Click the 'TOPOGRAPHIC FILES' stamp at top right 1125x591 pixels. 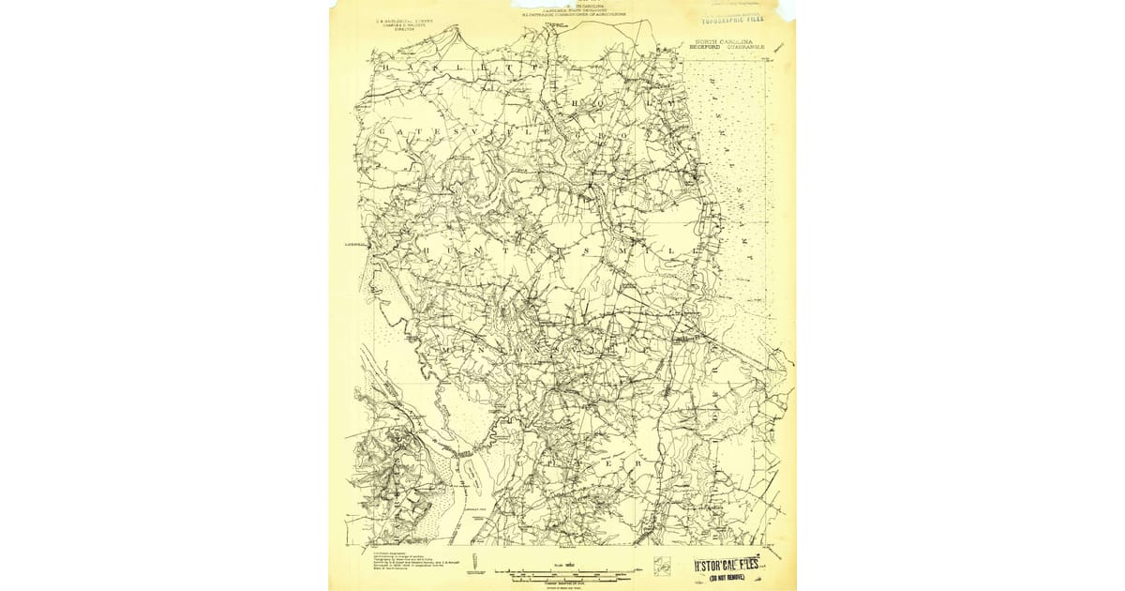[731, 17]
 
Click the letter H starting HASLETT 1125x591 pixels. [384, 68]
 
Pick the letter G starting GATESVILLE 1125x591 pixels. [382, 132]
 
